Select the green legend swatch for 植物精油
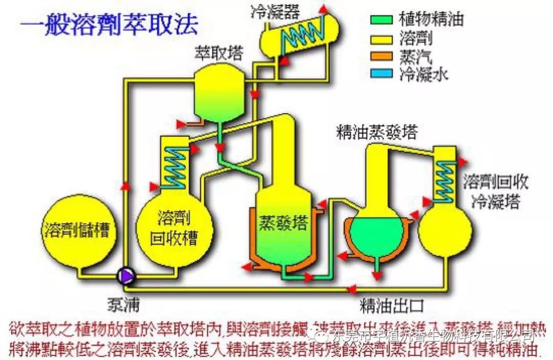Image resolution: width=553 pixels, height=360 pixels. click(x=381, y=19)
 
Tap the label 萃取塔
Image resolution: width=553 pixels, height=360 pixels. click(x=219, y=53)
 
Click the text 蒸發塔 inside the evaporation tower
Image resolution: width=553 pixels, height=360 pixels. click(x=283, y=223)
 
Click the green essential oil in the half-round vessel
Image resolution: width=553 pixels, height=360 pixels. click(x=377, y=234)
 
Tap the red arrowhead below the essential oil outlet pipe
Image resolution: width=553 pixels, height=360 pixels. click(x=377, y=276)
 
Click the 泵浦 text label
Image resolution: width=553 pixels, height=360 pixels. click(x=123, y=305)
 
